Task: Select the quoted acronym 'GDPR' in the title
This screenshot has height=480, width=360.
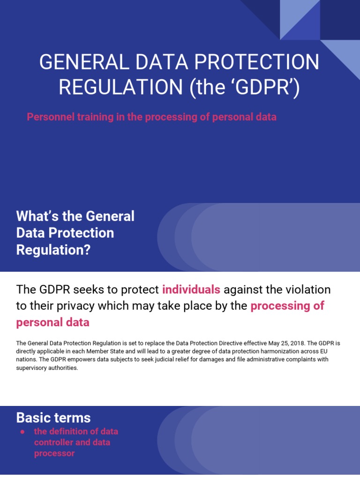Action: pyautogui.click(x=260, y=88)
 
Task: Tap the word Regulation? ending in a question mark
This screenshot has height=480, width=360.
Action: pyautogui.click(x=53, y=250)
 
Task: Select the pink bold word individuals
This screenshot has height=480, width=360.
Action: pyautogui.click(x=191, y=290)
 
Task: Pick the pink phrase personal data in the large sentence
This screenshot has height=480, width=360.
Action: pyautogui.click(x=52, y=322)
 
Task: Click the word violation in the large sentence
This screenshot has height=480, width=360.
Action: pyautogui.click(x=309, y=290)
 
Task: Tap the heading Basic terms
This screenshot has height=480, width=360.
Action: pyautogui.click(x=53, y=418)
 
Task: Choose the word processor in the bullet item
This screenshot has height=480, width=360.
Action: pyautogui.click(x=54, y=453)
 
